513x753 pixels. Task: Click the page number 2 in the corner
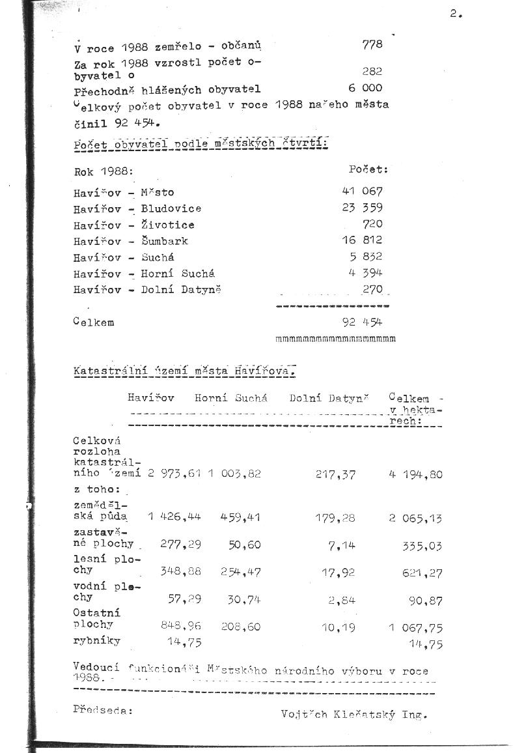click(454, 15)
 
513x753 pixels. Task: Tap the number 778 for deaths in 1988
click(372, 44)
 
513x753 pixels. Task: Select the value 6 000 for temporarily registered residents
click(365, 88)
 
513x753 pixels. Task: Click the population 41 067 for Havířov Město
click(362, 192)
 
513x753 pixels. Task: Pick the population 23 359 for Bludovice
click(362, 208)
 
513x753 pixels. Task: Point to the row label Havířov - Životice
click(133, 225)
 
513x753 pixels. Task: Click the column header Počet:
click(368, 169)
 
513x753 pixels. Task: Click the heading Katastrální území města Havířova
click(185, 371)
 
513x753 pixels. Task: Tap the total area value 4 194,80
click(415, 474)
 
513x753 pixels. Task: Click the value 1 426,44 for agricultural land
click(174, 517)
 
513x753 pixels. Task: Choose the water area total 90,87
click(426, 601)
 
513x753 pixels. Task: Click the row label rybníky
click(96, 640)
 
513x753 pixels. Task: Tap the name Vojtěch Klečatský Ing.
click(354, 714)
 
